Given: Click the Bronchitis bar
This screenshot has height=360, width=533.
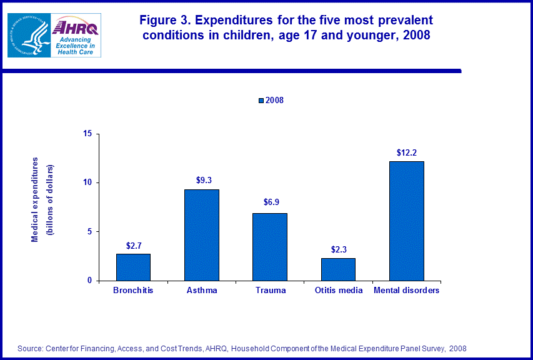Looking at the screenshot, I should (133, 267).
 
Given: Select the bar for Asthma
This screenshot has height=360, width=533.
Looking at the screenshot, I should (201, 235).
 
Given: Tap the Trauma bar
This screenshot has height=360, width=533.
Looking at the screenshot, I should (270, 247).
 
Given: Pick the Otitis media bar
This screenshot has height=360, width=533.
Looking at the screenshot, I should (338, 269).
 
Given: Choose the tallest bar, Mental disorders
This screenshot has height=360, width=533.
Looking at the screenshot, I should (406, 221).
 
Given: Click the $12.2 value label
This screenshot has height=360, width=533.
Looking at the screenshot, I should (406, 152).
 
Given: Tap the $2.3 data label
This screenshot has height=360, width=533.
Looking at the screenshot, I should (338, 249).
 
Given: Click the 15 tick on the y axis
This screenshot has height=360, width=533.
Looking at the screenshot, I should (88, 134).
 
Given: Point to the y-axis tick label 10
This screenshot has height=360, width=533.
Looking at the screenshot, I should (88, 182).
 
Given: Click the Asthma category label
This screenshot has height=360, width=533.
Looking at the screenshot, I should (201, 291).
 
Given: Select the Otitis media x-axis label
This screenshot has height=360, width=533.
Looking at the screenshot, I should (338, 291).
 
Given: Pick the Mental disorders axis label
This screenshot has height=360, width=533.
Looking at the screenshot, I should (406, 291).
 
